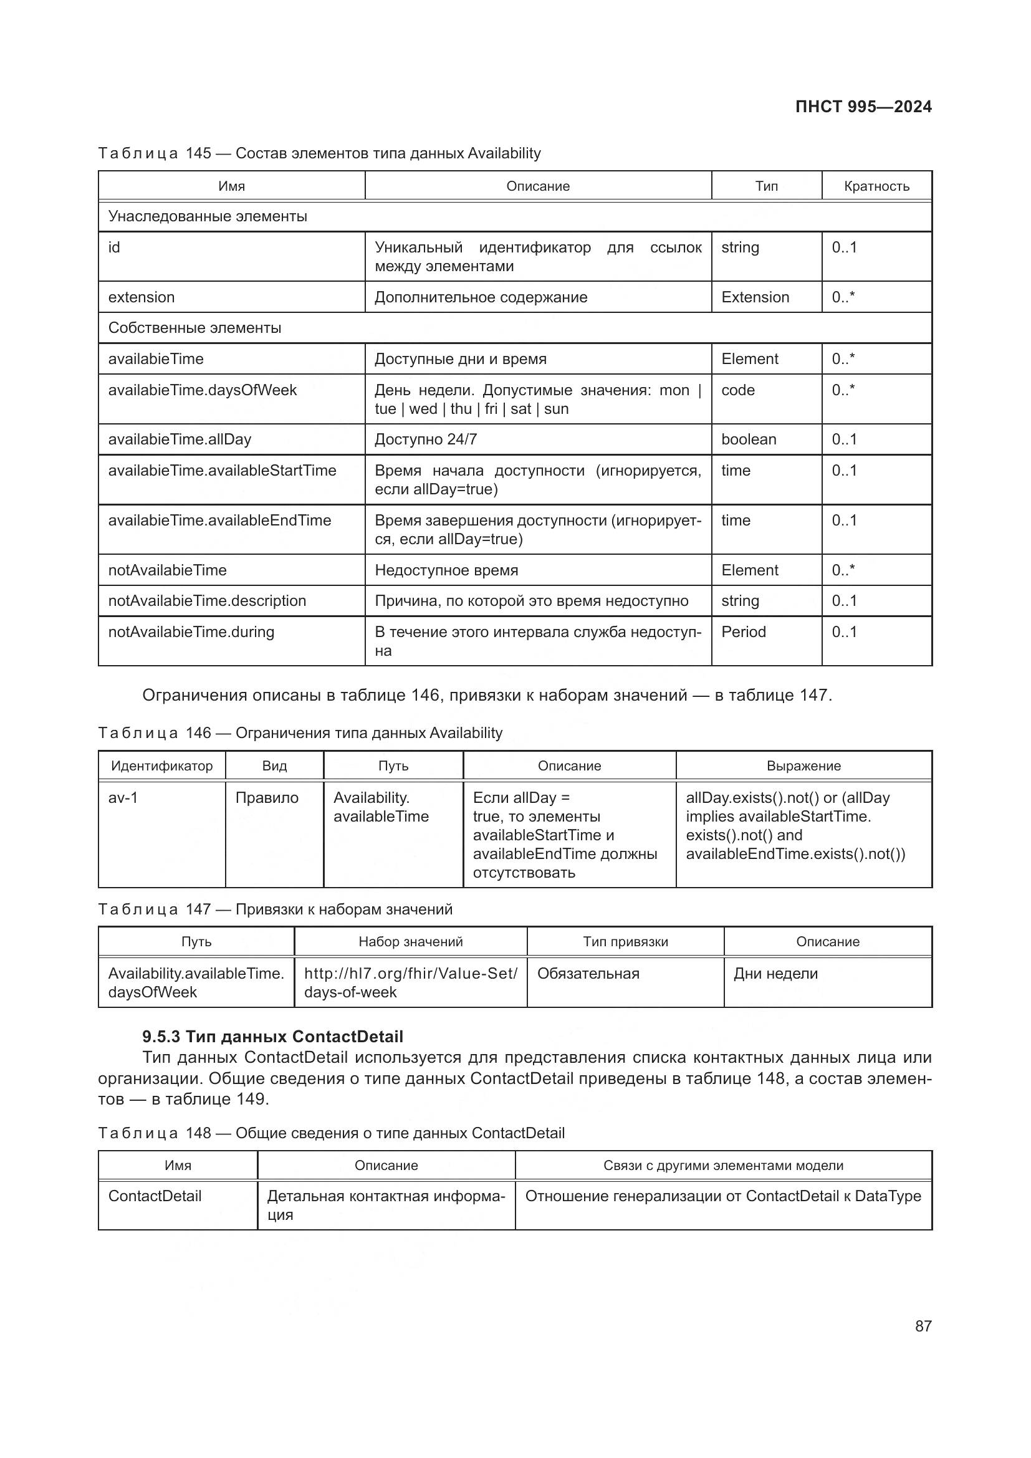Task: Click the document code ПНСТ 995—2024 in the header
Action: click(x=863, y=107)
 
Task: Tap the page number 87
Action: click(x=923, y=1326)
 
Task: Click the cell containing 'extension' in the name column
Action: click(x=141, y=297)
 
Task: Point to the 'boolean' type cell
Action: click(x=749, y=439)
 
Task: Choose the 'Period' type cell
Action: click(x=744, y=632)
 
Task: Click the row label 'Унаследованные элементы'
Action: click(x=208, y=216)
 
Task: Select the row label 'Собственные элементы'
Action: click(x=194, y=329)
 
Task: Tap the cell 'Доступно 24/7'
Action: click(x=425, y=439)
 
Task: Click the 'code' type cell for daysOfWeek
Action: click(x=737, y=390)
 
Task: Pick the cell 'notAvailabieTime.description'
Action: click(x=207, y=601)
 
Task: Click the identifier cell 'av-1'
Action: click(x=123, y=798)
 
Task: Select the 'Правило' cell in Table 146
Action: click(x=267, y=798)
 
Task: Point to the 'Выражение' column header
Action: click(x=803, y=766)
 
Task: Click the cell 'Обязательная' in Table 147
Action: click(x=588, y=974)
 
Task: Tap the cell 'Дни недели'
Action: click(x=775, y=974)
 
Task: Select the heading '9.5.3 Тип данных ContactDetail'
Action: click(x=272, y=1037)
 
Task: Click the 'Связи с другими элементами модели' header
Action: click(x=722, y=1165)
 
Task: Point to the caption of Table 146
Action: click(x=300, y=733)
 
